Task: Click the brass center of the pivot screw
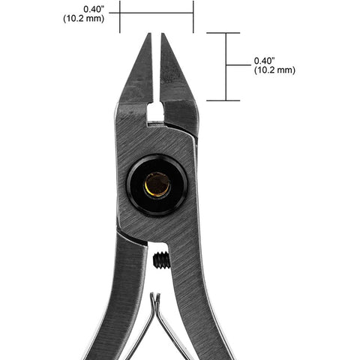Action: coord(157,184)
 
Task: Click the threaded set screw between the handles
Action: coord(161,260)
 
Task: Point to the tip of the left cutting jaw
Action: coord(150,34)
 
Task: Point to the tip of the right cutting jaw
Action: coord(163,34)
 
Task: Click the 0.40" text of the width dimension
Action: coord(94,9)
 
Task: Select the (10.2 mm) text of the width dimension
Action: coord(83,19)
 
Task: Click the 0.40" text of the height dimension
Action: coord(265,61)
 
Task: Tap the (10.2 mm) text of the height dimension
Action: coord(274,70)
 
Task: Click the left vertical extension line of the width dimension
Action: coord(120,16)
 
